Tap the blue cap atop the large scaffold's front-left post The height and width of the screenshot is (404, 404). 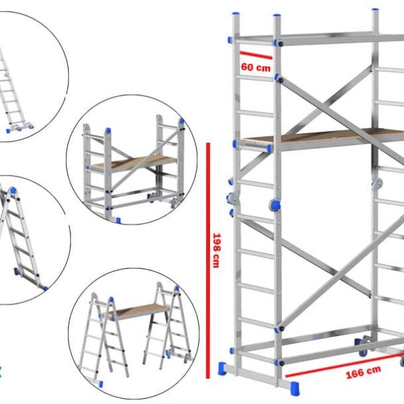coord(235,15)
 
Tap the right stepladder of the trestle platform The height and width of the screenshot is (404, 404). coord(165,323)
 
